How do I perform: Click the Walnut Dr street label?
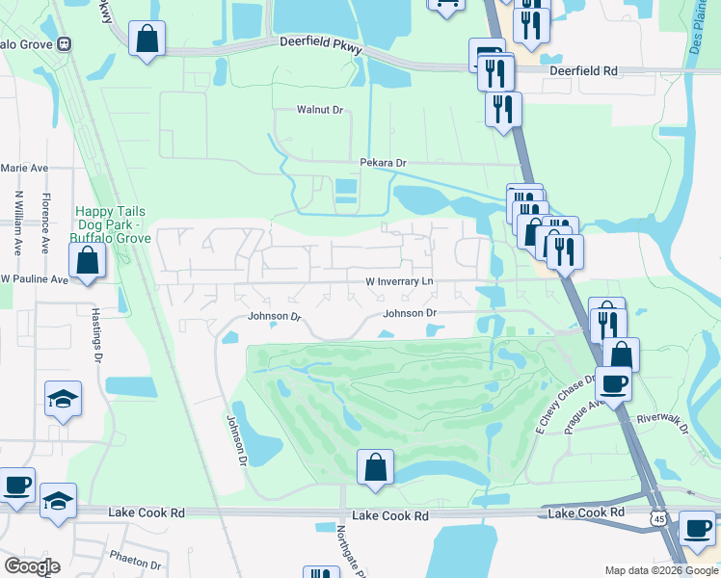(x=320, y=110)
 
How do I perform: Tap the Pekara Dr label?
(x=384, y=163)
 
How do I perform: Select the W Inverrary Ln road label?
(x=399, y=281)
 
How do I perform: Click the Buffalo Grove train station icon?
(x=66, y=43)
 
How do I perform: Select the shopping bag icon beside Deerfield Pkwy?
(x=147, y=39)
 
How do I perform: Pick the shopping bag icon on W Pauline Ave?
(x=87, y=260)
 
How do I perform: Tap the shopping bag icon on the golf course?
(x=375, y=468)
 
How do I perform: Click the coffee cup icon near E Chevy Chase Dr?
(x=613, y=384)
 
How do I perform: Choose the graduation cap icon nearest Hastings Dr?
(x=63, y=399)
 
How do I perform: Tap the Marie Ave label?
(x=24, y=168)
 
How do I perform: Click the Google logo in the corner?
(x=32, y=566)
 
